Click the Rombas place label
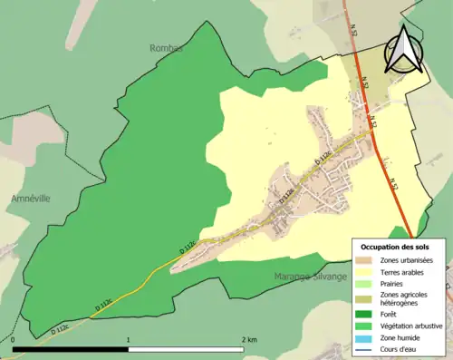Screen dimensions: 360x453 point(167,47)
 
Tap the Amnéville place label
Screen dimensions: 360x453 point(30,198)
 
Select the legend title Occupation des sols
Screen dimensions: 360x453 point(397,247)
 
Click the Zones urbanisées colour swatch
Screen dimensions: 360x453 point(366,259)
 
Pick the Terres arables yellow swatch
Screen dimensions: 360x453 point(366,271)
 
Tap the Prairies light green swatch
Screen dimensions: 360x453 point(366,283)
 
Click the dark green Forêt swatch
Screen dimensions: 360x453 point(366,314)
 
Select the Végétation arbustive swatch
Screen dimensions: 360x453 point(366,326)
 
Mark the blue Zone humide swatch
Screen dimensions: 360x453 point(366,337)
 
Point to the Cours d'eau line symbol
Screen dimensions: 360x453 point(366,349)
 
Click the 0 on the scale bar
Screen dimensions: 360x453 point(14,339)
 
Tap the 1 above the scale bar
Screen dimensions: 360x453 point(129,339)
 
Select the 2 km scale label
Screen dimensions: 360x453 point(247,339)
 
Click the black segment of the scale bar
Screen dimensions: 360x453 point(71,347)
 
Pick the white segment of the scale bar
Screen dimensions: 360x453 point(186,347)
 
